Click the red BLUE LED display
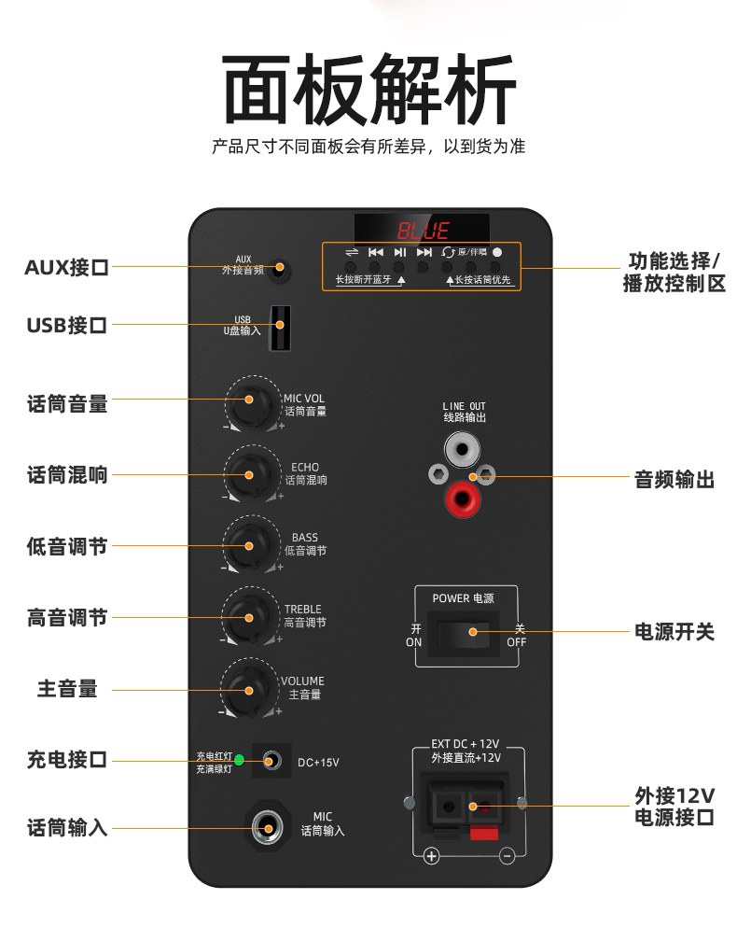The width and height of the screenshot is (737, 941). tap(423, 230)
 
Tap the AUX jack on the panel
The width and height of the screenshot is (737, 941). tap(278, 271)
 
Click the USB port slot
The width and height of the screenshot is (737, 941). tap(279, 327)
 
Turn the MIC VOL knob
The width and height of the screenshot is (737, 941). tap(250, 402)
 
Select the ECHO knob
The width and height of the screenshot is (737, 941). tap(250, 473)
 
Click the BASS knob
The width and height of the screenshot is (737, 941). tap(250, 544)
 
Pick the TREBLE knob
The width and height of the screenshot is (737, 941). tap(250, 616)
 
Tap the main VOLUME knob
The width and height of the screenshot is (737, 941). tap(250, 689)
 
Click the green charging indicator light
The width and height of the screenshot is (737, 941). tap(239, 760)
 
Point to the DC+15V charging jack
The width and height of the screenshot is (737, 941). tap(271, 761)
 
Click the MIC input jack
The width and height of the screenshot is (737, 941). tap(269, 827)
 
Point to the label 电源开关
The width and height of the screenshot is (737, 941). tap(674, 632)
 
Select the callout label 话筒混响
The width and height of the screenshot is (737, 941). tap(67, 475)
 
